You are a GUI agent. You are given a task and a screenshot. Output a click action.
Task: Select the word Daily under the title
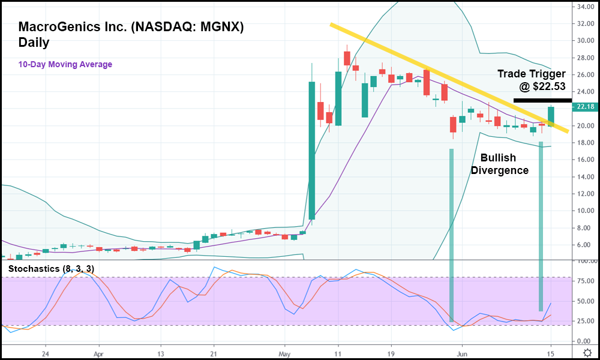(34, 43)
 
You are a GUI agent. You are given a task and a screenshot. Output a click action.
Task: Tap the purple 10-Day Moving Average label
(65, 64)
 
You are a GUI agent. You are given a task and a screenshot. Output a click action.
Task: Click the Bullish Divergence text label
(499, 164)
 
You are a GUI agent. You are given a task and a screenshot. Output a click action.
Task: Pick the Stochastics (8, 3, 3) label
(51, 268)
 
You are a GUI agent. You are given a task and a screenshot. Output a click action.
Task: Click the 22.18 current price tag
(584, 107)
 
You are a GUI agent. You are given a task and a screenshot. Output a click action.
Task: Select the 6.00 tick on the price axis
(584, 245)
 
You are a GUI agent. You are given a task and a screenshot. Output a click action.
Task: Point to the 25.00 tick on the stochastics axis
(584, 321)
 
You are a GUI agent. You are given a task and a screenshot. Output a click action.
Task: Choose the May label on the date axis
(285, 354)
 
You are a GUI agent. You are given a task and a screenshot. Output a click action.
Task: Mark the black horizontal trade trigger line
(539, 100)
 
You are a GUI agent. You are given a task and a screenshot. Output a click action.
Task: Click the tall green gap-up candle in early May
(312, 150)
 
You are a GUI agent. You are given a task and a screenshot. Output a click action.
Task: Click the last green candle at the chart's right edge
(551, 116)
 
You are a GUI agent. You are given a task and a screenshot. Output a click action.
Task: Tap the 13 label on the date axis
(161, 354)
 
